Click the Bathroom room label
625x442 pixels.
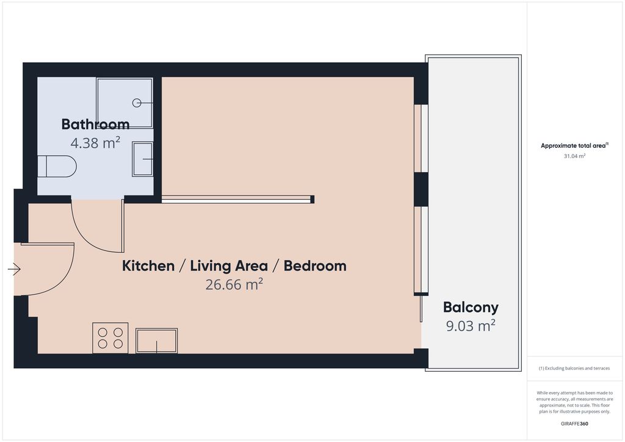pyautogui.click(x=95, y=125)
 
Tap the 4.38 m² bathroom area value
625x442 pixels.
pyautogui.click(x=95, y=143)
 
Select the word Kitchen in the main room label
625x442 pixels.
pyautogui.click(x=148, y=266)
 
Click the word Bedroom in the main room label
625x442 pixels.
pyautogui.click(x=315, y=266)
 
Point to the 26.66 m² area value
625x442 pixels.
pyautogui.click(x=234, y=284)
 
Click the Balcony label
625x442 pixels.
pyautogui.click(x=471, y=308)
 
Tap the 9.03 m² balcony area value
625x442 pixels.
pyautogui.click(x=471, y=325)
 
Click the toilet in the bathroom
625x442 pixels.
pyautogui.click(x=57, y=166)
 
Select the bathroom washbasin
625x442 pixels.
pyautogui.click(x=143, y=159)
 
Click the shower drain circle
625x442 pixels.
pyautogui.click(x=137, y=103)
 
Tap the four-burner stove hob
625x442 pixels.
pyautogui.click(x=110, y=338)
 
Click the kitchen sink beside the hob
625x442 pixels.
pyautogui.click(x=157, y=341)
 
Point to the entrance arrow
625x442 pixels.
pyautogui.click(x=15, y=269)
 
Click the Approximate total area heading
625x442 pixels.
pyautogui.click(x=574, y=145)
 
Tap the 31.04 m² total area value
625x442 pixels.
pyautogui.click(x=574, y=156)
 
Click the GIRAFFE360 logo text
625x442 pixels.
pyautogui.click(x=574, y=424)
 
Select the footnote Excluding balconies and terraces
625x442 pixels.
pyautogui.click(x=574, y=368)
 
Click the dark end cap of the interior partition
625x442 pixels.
pyautogui.click(x=312, y=199)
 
